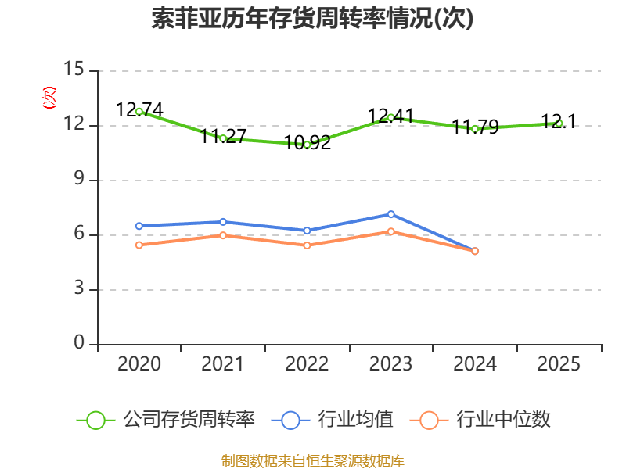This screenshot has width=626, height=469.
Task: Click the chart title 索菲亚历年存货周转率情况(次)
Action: click(x=313, y=19)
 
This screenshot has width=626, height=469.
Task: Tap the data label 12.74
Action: click(x=139, y=110)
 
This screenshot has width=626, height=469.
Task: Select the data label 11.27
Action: click(x=223, y=137)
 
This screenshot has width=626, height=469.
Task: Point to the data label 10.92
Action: click(x=308, y=143)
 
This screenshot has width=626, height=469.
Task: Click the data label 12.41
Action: click(x=390, y=116)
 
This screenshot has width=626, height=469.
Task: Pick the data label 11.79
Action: click(x=475, y=127)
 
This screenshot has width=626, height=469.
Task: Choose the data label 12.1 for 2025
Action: click(x=559, y=121)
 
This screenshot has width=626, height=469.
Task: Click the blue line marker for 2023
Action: click(x=391, y=214)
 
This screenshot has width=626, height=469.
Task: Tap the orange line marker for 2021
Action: click(x=223, y=235)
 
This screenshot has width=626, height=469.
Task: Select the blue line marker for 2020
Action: click(x=139, y=226)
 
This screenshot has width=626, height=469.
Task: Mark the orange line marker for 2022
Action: click(x=307, y=245)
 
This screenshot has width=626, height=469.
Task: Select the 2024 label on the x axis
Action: click(x=475, y=364)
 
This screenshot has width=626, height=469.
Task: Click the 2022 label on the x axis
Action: click(x=307, y=364)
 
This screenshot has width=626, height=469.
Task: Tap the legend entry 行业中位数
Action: click(x=485, y=420)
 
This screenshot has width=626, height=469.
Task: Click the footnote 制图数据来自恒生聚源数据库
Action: click(x=313, y=461)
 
